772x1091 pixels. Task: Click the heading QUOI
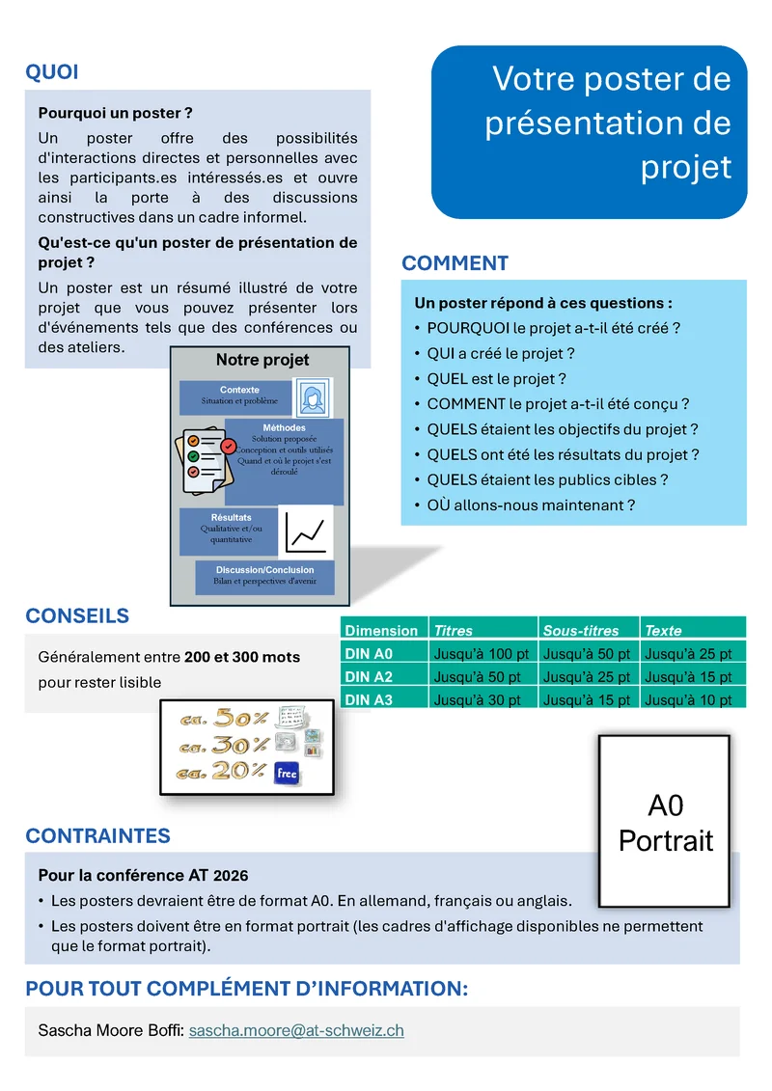point(52,72)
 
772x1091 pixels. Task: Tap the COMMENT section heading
point(455,263)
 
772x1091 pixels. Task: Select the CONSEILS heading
point(77,616)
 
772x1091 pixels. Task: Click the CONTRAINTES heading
point(97,836)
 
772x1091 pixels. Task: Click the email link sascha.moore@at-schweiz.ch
point(296,1030)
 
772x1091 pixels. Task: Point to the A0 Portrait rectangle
point(666,822)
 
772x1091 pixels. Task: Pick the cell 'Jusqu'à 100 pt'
point(482,653)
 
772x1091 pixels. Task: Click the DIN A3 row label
point(369,699)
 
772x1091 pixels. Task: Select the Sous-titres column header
point(581,630)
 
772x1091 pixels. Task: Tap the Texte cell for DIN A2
point(692,676)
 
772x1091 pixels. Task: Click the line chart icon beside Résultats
point(305,532)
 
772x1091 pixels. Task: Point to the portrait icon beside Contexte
point(312,397)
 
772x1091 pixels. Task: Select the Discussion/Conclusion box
point(264,576)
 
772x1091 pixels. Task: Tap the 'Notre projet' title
point(262,360)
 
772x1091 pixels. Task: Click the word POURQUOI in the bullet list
point(466,328)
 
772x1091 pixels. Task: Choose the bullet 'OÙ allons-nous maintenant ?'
point(531,505)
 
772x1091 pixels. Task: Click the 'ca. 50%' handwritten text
point(223,719)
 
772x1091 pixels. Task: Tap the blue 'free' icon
point(287,773)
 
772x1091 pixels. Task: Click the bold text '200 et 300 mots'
point(242,657)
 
